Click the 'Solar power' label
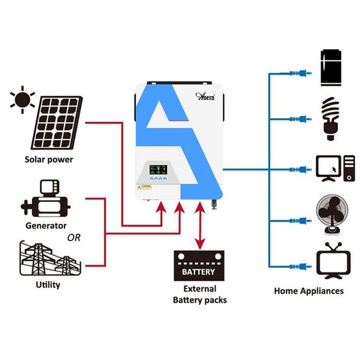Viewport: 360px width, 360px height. [49, 159]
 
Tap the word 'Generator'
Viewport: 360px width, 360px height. [46, 225]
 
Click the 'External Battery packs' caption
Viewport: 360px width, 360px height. [200, 295]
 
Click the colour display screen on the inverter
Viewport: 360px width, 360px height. [156, 168]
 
